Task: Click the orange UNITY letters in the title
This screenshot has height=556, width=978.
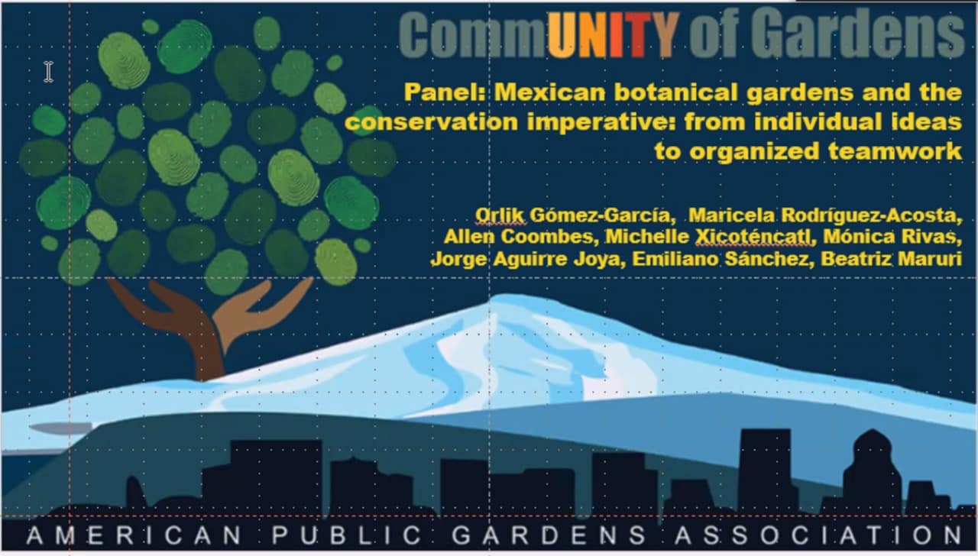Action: tap(614, 35)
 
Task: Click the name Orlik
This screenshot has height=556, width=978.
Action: tap(500, 215)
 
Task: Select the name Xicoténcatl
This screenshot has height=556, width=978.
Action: tap(755, 237)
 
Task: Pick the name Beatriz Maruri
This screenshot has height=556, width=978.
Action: tap(891, 259)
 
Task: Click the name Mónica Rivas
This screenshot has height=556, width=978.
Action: tap(892, 237)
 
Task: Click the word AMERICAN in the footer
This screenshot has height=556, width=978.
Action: tap(134, 535)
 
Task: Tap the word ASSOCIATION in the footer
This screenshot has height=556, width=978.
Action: tap(818, 535)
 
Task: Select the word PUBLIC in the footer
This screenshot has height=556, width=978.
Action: tap(347, 535)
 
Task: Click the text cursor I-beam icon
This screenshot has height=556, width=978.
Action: tap(48, 72)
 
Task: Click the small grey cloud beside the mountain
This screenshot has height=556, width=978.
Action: tap(61, 428)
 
